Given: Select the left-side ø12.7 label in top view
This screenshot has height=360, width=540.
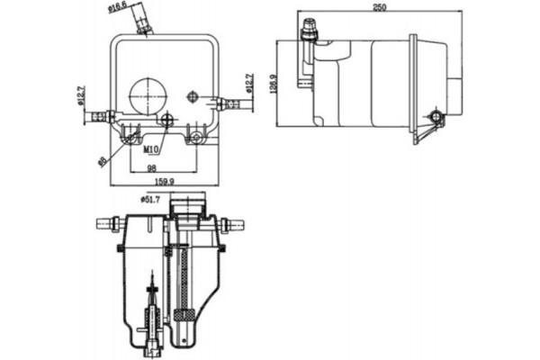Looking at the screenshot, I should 80,96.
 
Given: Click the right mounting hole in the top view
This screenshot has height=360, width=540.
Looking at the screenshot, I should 197,138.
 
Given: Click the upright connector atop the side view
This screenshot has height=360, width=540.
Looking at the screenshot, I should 310,31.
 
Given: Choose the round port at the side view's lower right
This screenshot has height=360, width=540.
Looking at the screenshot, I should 437,117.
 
